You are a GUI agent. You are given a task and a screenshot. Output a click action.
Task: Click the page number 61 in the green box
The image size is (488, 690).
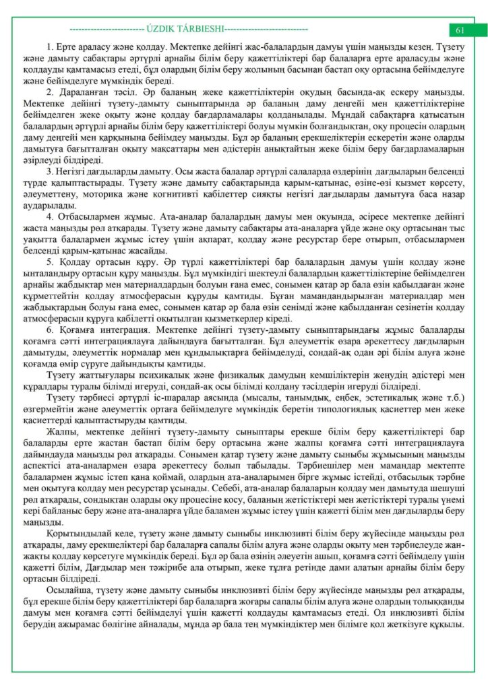click(x=461, y=30)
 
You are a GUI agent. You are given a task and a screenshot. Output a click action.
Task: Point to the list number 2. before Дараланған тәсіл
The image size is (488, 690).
click(x=50, y=91)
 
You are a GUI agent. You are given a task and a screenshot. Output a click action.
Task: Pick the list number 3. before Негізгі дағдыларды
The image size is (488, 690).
click(x=50, y=172)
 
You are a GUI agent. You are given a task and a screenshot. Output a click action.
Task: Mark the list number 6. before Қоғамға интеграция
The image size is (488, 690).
click(x=50, y=330)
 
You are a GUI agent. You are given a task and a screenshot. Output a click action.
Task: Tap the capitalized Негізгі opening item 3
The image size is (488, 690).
click(x=71, y=172)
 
